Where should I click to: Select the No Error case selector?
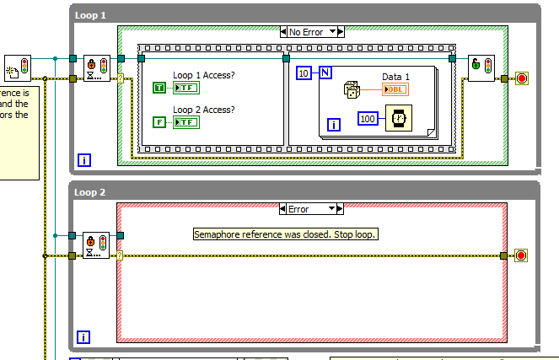tap(311, 32)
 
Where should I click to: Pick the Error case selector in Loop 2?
tap(310, 209)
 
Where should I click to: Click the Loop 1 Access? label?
tap(204, 74)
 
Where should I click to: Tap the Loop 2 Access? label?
tap(204, 109)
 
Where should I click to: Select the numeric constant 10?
tap(304, 74)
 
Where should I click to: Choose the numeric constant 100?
tap(368, 118)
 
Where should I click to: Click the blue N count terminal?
tap(324, 74)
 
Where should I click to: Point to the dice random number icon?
tap(352, 90)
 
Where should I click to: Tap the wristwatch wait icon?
tap(397, 118)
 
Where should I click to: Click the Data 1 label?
tap(396, 77)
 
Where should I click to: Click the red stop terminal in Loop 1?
tap(521, 79)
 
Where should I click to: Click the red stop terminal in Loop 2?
tap(521, 255)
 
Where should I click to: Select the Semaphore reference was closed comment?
tap(285, 234)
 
